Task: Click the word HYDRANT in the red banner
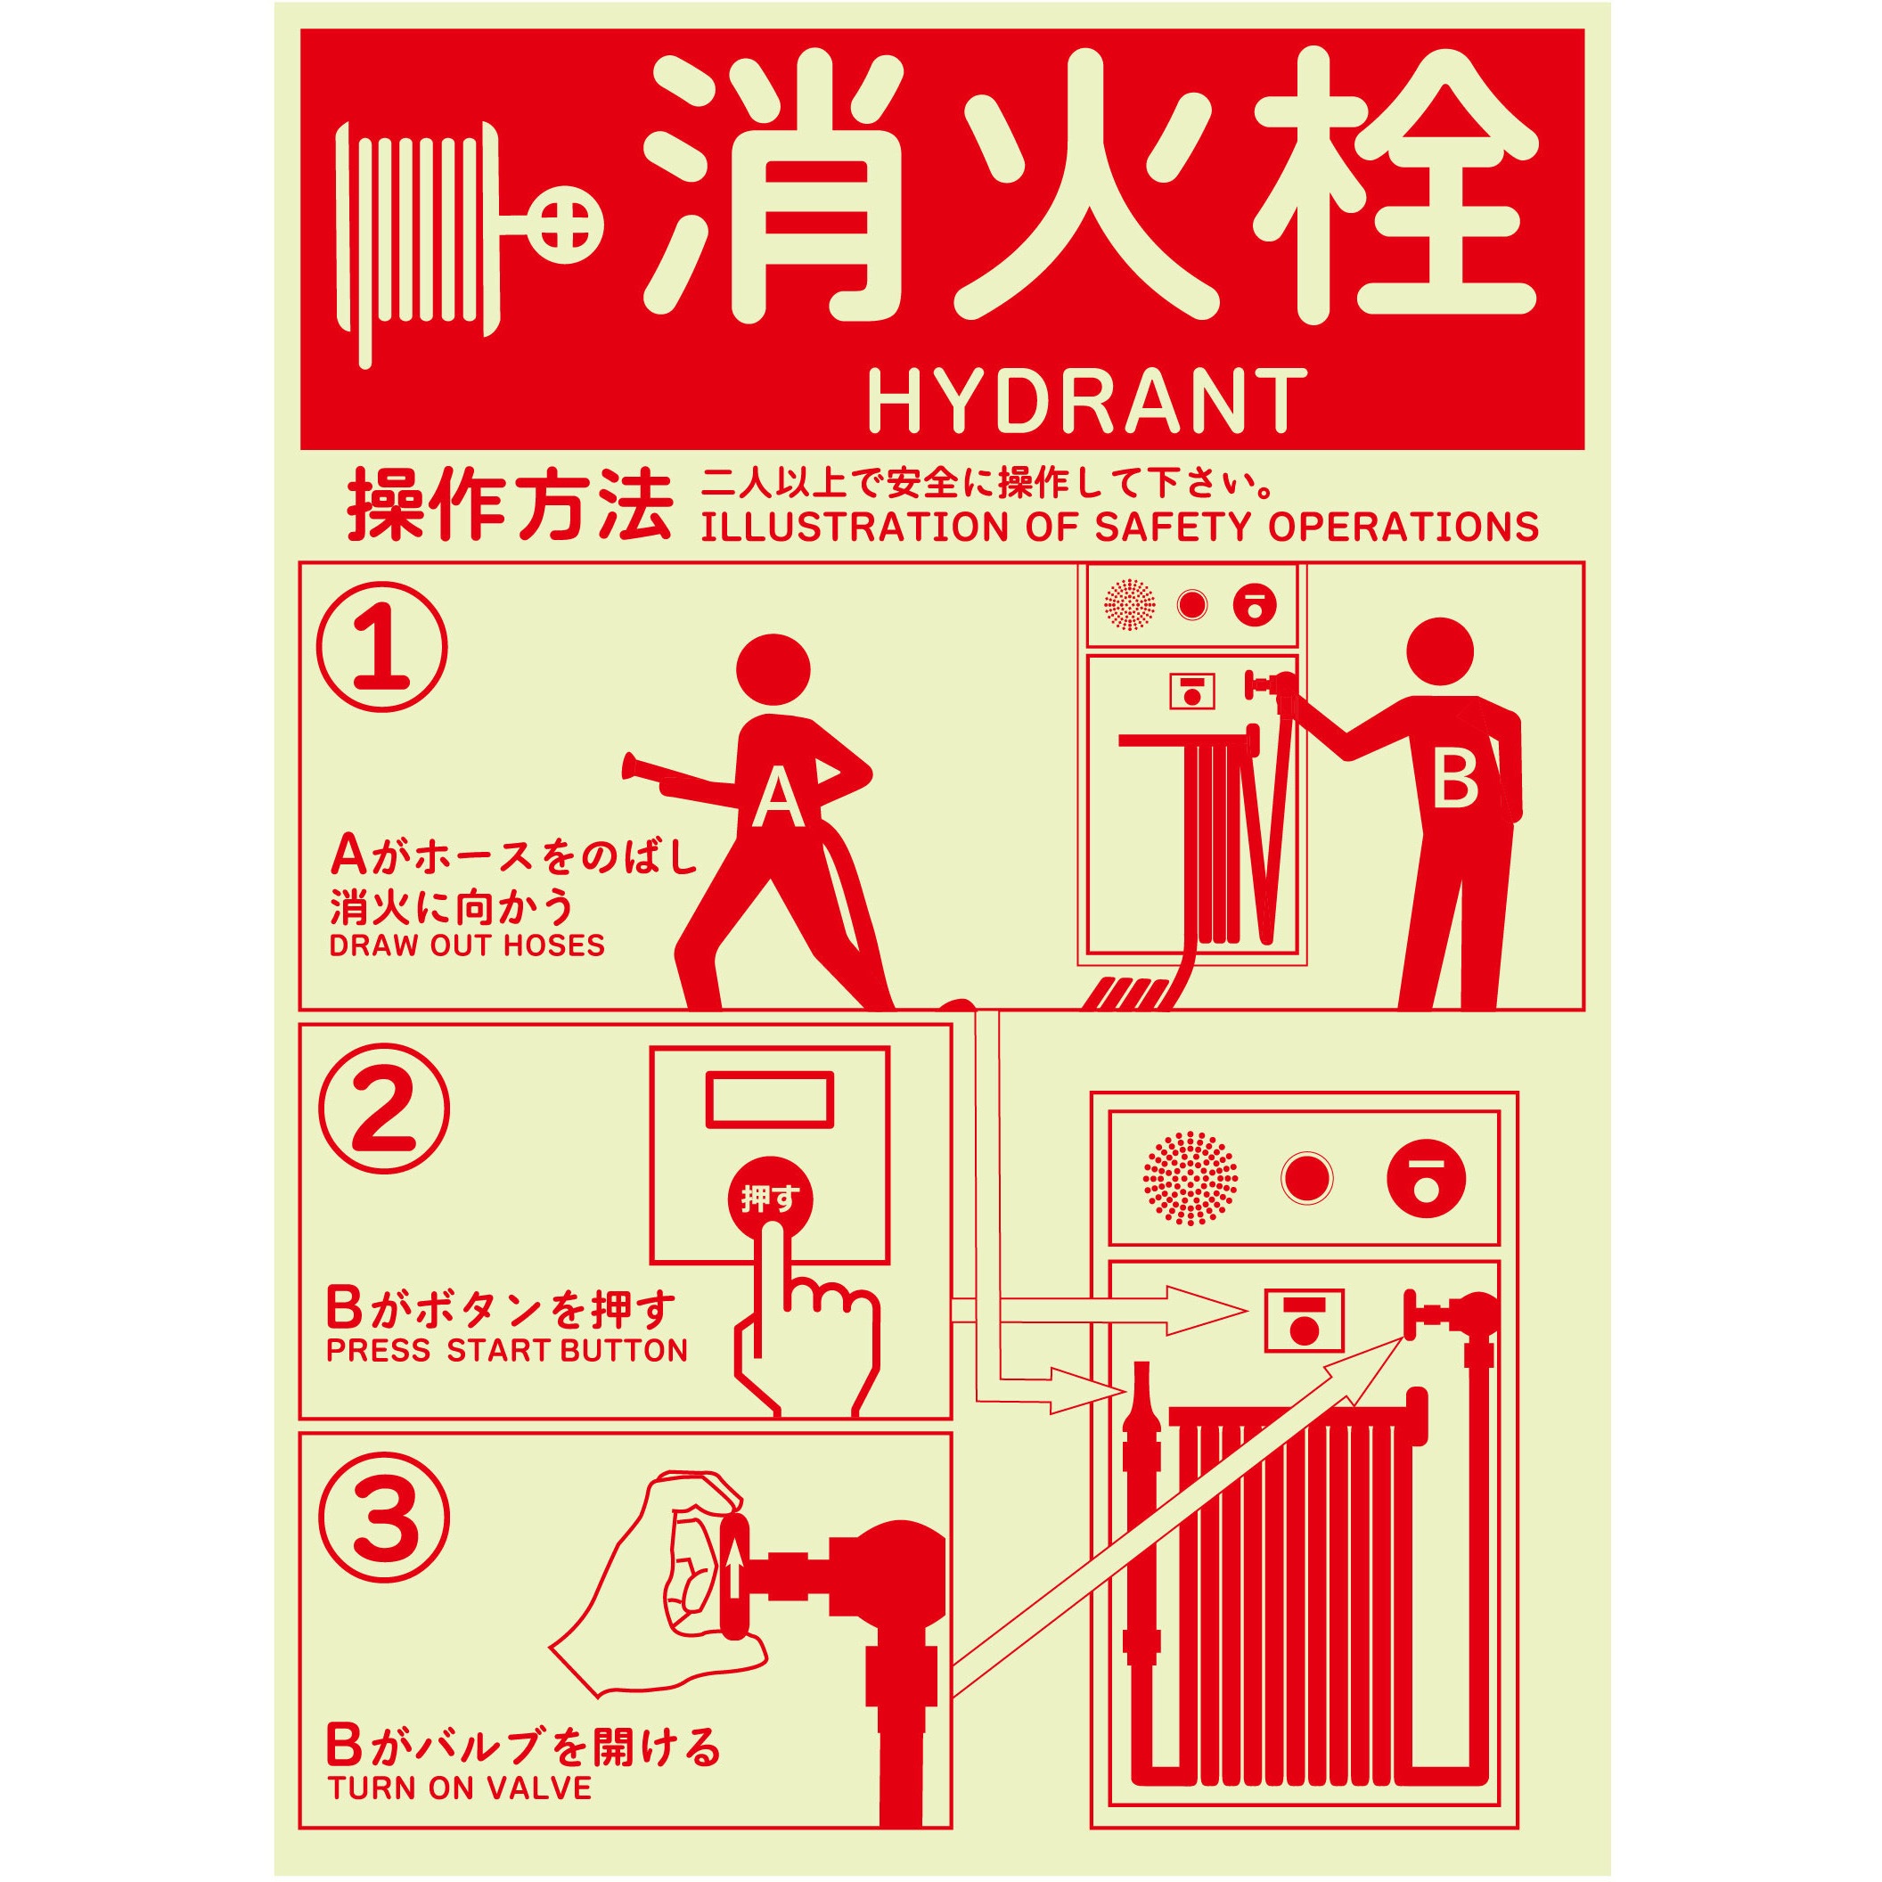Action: click(1086, 400)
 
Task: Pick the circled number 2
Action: click(383, 1109)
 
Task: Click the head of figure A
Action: click(774, 671)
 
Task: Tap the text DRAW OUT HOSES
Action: click(467, 945)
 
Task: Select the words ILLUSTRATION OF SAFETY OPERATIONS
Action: click(1120, 526)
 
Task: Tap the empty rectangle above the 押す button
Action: click(770, 1098)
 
